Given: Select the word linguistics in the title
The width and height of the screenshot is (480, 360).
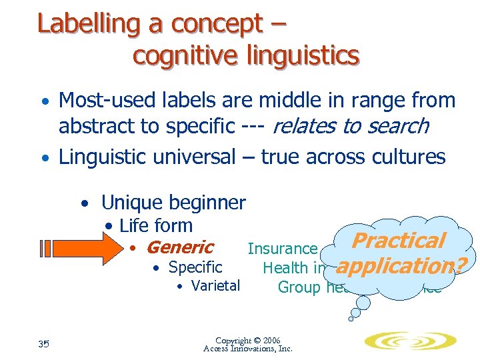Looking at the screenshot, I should pos(294,55).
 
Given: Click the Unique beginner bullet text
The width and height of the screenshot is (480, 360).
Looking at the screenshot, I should pos(173,202).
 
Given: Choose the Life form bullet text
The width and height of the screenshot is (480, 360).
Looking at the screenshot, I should pos(155,226).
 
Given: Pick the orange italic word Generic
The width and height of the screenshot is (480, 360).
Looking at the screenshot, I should pos(179,248).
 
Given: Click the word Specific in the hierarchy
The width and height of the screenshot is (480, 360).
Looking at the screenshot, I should pos(195,267).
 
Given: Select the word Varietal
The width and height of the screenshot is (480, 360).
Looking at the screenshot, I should pos(215,287).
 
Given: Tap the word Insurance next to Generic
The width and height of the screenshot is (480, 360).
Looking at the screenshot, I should pos(282,249).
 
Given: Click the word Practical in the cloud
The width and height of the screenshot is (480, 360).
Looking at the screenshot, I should pos(398,241).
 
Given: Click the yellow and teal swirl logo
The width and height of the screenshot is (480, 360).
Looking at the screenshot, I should pos(409,341).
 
